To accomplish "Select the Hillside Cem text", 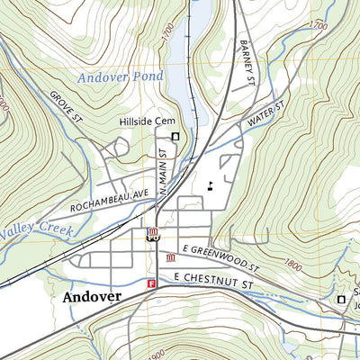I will pyautogui.click(x=145, y=121).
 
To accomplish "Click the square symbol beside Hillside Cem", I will pyautogui.click(x=175, y=136).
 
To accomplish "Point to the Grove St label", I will pyautogui.click(x=66, y=105).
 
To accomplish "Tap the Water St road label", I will pyautogui.click(x=267, y=114).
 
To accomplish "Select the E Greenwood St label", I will pyautogui.click(x=220, y=256).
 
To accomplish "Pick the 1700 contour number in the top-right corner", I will pyautogui.click(x=317, y=27).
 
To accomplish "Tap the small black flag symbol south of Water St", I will pyautogui.click(x=210, y=186).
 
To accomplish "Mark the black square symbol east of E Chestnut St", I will pyautogui.click(x=340, y=299).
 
